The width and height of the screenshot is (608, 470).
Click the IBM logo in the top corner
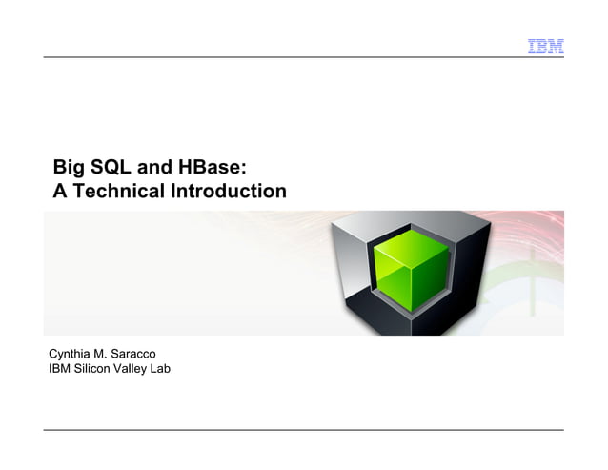click(x=545, y=46)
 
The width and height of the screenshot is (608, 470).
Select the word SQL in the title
click(x=113, y=168)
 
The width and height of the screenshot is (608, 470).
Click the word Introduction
click(x=228, y=192)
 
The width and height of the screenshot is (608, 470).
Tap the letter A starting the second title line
click(x=60, y=192)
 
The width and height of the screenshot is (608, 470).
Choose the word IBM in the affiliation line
click(x=60, y=369)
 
